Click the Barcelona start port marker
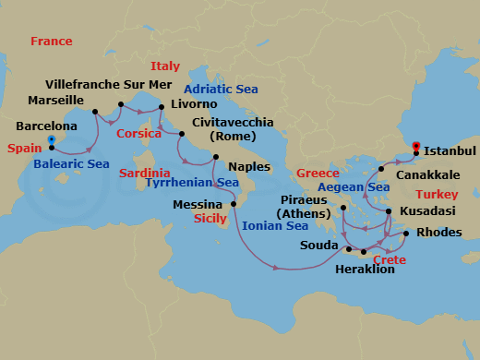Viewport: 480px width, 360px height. coord(52,140)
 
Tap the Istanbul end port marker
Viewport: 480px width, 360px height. coord(416,145)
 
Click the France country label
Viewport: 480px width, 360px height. coord(51,42)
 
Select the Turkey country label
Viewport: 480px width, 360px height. coord(437,195)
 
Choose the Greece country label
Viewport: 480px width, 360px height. coord(319,174)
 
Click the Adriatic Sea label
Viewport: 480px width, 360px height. coord(221,90)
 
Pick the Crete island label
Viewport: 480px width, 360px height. coord(389,260)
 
